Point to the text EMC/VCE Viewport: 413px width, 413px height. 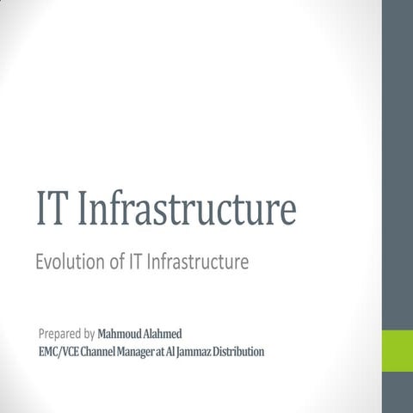click(x=58, y=351)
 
